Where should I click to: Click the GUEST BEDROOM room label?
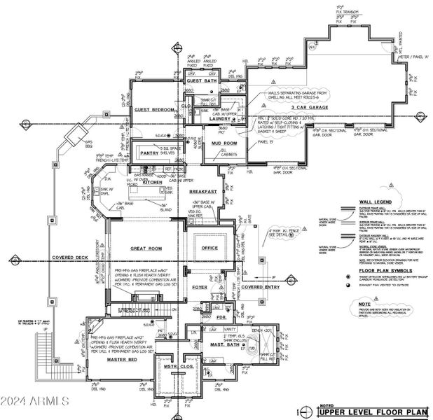155,110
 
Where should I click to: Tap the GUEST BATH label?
203,81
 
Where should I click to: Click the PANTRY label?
150,152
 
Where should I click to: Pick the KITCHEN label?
153,182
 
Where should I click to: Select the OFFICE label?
209,248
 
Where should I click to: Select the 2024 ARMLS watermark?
35,401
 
